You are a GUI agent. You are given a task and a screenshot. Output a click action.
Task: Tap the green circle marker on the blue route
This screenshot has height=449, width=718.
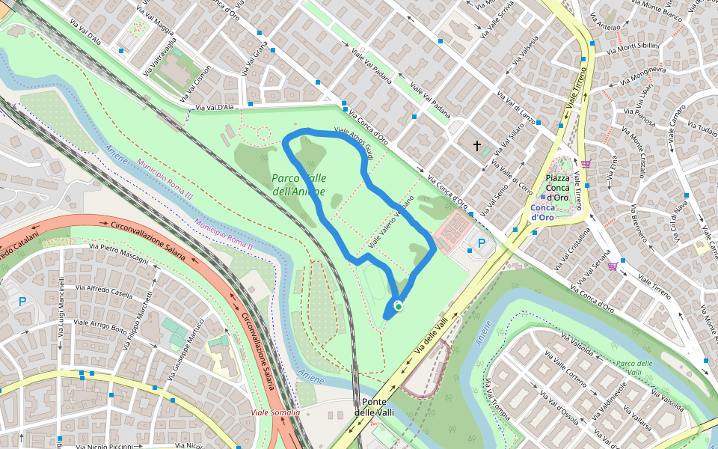[x=399, y=306]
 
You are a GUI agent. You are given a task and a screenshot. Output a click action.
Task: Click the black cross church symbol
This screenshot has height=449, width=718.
[x=477, y=146]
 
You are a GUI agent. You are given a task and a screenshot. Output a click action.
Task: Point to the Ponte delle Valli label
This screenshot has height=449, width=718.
[x=373, y=407]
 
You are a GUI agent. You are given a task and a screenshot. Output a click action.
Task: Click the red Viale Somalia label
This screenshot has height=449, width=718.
[x=275, y=412]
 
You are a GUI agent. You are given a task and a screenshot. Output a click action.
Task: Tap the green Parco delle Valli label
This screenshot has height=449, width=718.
[x=635, y=367]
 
